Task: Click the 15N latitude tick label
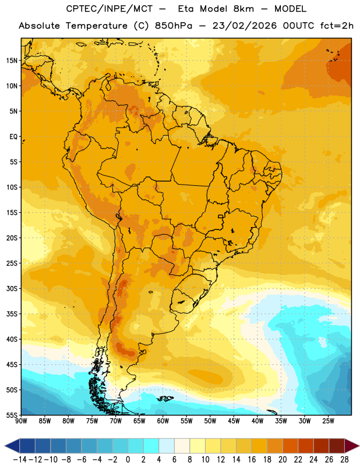[12, 61]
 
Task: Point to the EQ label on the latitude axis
[13, 137]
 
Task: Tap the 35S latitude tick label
[12, 314]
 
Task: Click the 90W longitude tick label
[21, 421]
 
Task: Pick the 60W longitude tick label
[163, 421]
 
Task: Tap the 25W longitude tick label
[328, 421]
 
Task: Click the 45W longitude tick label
[234, 421]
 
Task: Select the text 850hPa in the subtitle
[174, 26]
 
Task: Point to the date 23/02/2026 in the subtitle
[244, 26]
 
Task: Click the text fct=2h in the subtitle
[337, 26]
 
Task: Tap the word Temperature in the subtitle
[97, 26]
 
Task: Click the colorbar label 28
[344, 460]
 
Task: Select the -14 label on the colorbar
[20, 460]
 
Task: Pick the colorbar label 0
[128, 460]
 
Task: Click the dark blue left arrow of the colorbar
[12, 446]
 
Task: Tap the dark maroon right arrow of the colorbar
[352, 446]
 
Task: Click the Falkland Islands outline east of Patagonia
[165, 398]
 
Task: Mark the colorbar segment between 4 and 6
[167, 446]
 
